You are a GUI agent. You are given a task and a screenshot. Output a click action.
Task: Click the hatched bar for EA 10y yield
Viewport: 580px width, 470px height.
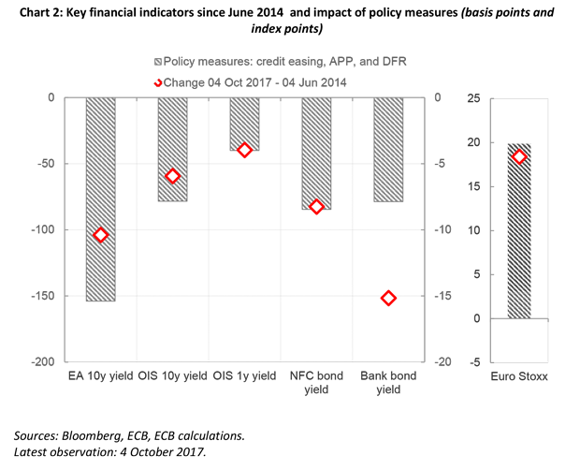(x=100, y=198)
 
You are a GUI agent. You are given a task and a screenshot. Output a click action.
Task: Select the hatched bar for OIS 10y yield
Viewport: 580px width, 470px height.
(x=172, y=149)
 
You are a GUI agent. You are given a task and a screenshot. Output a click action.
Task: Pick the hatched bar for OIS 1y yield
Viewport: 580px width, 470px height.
(x=244, y=124)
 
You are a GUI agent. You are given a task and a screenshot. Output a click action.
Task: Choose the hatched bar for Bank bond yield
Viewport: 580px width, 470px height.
(x=388, y=149)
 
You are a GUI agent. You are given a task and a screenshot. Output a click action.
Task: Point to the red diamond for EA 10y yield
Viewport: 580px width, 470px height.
(x=100, y=235)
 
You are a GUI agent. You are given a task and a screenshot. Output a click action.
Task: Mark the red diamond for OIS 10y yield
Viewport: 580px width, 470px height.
(x=172, y=176)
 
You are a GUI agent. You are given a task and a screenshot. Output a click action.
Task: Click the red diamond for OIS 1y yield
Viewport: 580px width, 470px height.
(x=244, y=150)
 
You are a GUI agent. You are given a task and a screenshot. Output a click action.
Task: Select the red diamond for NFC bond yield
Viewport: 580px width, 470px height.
(x=316, y=207)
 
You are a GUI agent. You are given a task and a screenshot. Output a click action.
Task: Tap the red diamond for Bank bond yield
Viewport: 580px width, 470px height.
(x=388, y=298)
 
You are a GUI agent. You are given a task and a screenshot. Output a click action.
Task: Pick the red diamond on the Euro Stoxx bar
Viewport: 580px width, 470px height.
(x=519, y=156)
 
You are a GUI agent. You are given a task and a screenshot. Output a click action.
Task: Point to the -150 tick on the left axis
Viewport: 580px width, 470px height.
(x=43, y=296)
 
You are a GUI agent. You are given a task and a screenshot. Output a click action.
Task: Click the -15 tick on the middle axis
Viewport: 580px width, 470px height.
(x=443, y=296)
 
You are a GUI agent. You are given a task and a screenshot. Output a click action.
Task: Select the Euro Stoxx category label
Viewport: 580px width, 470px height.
(x=519, y=376)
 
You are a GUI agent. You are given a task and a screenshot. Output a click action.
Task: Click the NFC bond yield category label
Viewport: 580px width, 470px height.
(x=316, y=382)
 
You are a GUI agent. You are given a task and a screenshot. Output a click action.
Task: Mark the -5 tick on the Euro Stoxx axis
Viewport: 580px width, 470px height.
(x=475, y=362)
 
